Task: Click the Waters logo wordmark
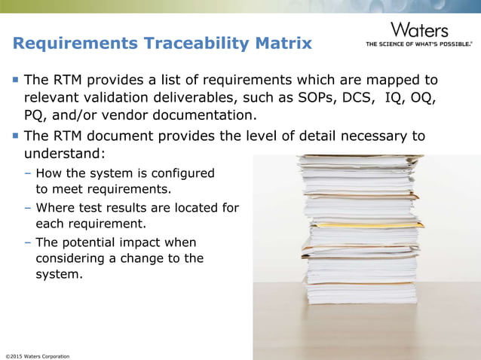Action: tap(419, 30)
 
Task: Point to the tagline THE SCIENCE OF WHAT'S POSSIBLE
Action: tap(419, 44)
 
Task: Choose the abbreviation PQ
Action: tap(37, 116)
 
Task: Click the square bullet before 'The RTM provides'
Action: tap(15, 80)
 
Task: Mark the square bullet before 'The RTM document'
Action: tap(15, 136)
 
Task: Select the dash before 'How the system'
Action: tap(28, 173)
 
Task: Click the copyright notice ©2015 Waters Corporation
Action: tap(38, 355)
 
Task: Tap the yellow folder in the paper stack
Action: tap(362, 224)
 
